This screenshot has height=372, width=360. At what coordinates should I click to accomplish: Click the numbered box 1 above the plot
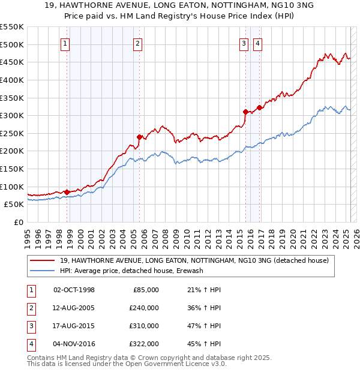64,43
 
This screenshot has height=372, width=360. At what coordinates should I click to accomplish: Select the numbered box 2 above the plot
137,43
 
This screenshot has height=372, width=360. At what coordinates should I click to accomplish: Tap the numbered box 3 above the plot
244,43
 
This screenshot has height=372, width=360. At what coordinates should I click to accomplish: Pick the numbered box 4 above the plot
257,43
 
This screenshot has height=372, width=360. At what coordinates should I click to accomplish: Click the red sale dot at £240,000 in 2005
139,137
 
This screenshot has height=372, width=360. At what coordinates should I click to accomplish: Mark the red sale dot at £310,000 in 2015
245,112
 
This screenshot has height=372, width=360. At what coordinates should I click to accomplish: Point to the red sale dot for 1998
67,192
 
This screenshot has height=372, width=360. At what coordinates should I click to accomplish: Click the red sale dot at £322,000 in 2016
259,108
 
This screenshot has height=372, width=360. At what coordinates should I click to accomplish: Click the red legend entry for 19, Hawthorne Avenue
194,260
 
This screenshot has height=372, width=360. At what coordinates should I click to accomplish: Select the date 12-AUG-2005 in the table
74,308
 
